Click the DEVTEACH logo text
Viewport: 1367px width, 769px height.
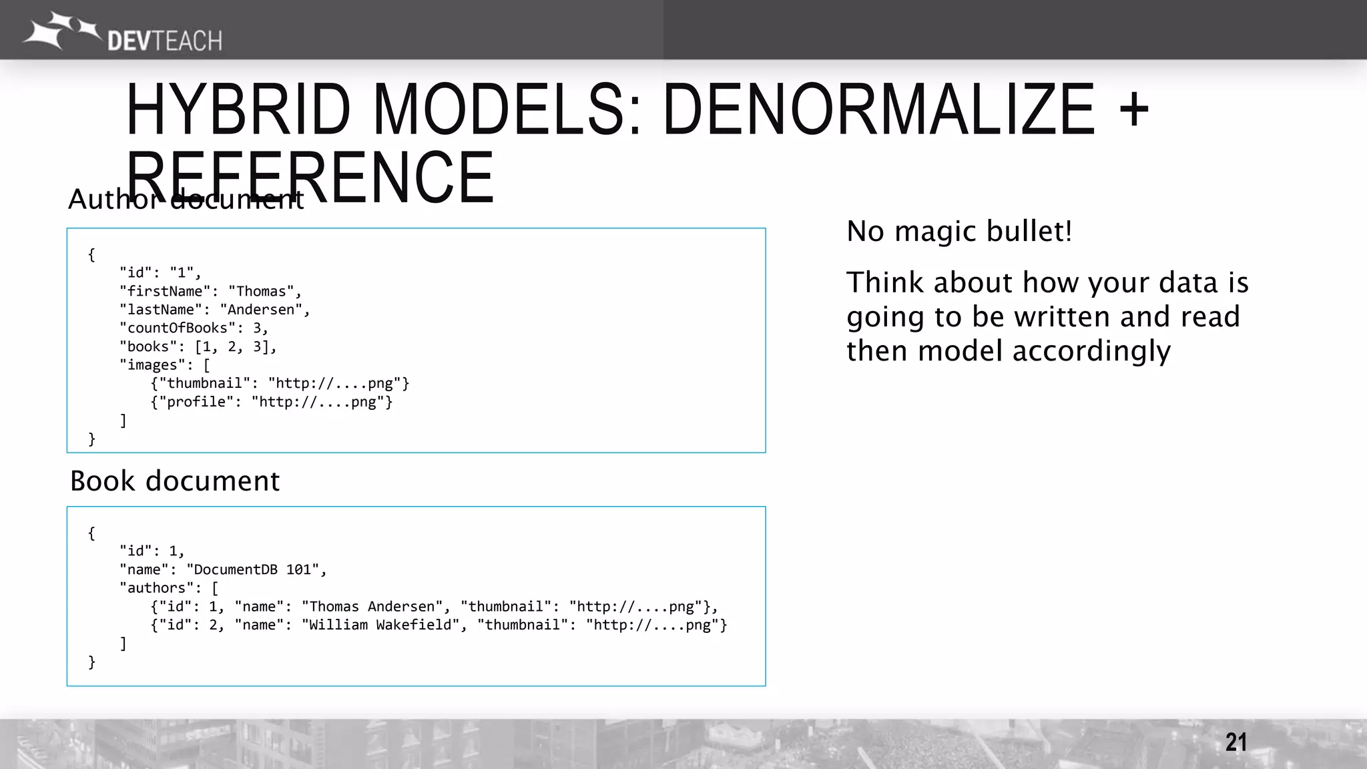click(164, 41)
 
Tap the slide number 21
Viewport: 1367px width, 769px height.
click(1236, 742)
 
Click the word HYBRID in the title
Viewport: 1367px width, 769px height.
click(238, 109)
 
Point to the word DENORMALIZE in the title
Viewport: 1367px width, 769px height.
click(879, 109)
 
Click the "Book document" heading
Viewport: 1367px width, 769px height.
click(175, 481)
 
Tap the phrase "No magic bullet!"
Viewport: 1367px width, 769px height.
click(959, 232)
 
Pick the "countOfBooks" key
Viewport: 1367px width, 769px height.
click(177, 328)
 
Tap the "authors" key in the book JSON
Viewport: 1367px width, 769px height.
click(156, 588)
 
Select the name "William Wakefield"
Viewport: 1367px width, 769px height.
click(380, 625)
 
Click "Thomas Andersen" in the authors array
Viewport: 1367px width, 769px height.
click(372, 607)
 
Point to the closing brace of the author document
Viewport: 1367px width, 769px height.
click(92, 439)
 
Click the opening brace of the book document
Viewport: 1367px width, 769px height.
click(92, 533)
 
